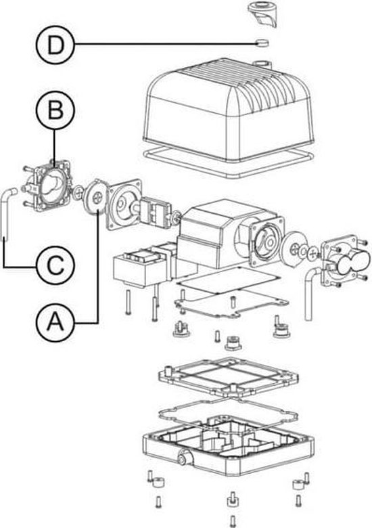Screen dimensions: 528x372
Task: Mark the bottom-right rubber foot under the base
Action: coord(296,484)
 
